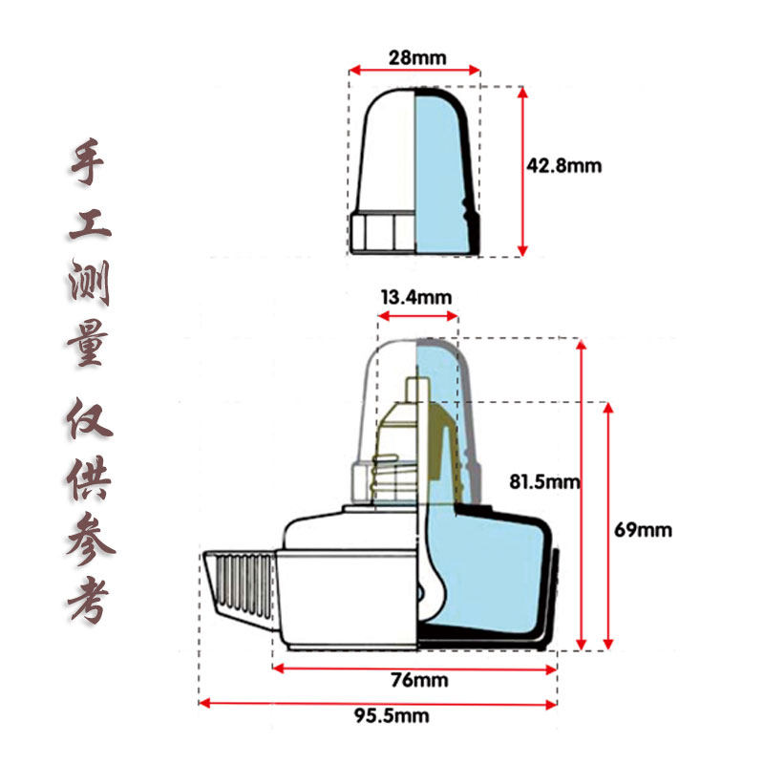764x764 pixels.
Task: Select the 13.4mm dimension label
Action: pos(415,296)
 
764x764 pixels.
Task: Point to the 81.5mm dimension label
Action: pos(544,481)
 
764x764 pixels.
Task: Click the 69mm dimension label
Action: pos(643,529)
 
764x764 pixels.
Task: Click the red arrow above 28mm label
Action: pos(414,70)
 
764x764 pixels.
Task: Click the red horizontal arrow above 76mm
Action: pos(414,667)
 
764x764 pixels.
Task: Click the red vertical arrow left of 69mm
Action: pos(608,525)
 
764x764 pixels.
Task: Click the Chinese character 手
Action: pos(92,164)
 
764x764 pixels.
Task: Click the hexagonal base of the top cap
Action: pos(382,232)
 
